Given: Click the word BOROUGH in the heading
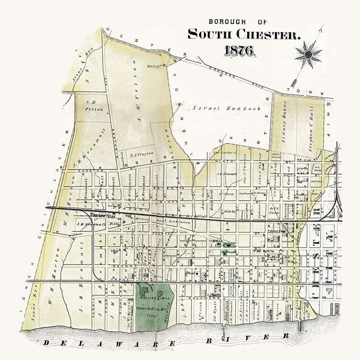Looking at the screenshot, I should pyautogui.click(x=227, y=22).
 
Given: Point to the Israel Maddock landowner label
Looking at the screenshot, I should pyautogui.click(x=227, y=108).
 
